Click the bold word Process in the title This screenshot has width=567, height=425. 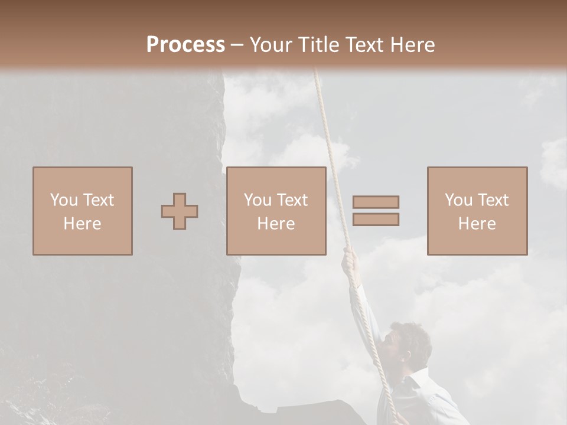coord(185,44)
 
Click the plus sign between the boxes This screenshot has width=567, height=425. coord(180,211)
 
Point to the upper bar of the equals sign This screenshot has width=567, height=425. coord(376,202)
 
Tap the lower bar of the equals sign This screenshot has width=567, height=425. coord(376,220)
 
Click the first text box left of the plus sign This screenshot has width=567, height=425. coord(83,211)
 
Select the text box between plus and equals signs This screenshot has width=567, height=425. coord(276,211)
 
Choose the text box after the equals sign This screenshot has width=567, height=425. coord(477,211)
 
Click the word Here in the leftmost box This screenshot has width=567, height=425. coord(83,224)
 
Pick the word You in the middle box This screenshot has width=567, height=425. coord(258,200)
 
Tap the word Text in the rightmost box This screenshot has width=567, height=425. coord(494,200)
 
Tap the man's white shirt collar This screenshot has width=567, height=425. coord(416,378)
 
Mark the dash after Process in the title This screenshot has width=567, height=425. coord(237,45)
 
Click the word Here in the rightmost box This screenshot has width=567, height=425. coord(477,224)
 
